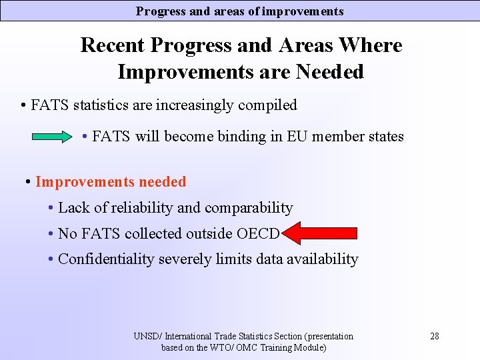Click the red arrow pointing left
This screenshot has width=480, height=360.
(319, 233)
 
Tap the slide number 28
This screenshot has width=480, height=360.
(434, 336)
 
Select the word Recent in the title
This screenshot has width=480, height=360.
(112, 45)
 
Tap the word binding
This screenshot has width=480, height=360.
(243, 137)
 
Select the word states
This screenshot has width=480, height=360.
(383, 137)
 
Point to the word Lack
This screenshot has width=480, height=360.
(73, 208)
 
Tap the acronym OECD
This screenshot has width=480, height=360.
(258, 233)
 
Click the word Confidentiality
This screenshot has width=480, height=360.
(106, 259)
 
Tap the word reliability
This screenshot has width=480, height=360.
(139, 208)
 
